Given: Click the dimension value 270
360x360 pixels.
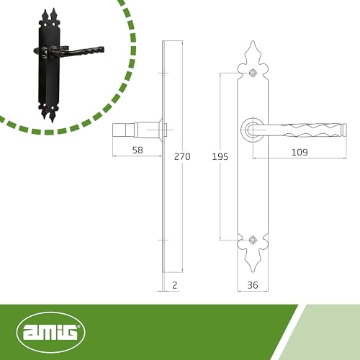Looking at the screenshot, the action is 182,156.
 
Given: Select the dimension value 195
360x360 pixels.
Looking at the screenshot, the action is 220,157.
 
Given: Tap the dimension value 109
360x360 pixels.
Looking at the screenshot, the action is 300,152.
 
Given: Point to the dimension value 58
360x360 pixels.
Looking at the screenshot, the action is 138,150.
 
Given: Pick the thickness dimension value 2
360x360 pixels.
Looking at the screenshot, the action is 175,285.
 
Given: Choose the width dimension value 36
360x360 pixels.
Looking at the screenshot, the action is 253,285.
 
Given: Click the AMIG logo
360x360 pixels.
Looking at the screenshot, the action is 51,333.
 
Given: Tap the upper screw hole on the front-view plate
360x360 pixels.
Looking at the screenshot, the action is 253,73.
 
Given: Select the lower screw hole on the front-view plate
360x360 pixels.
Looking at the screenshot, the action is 253,240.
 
